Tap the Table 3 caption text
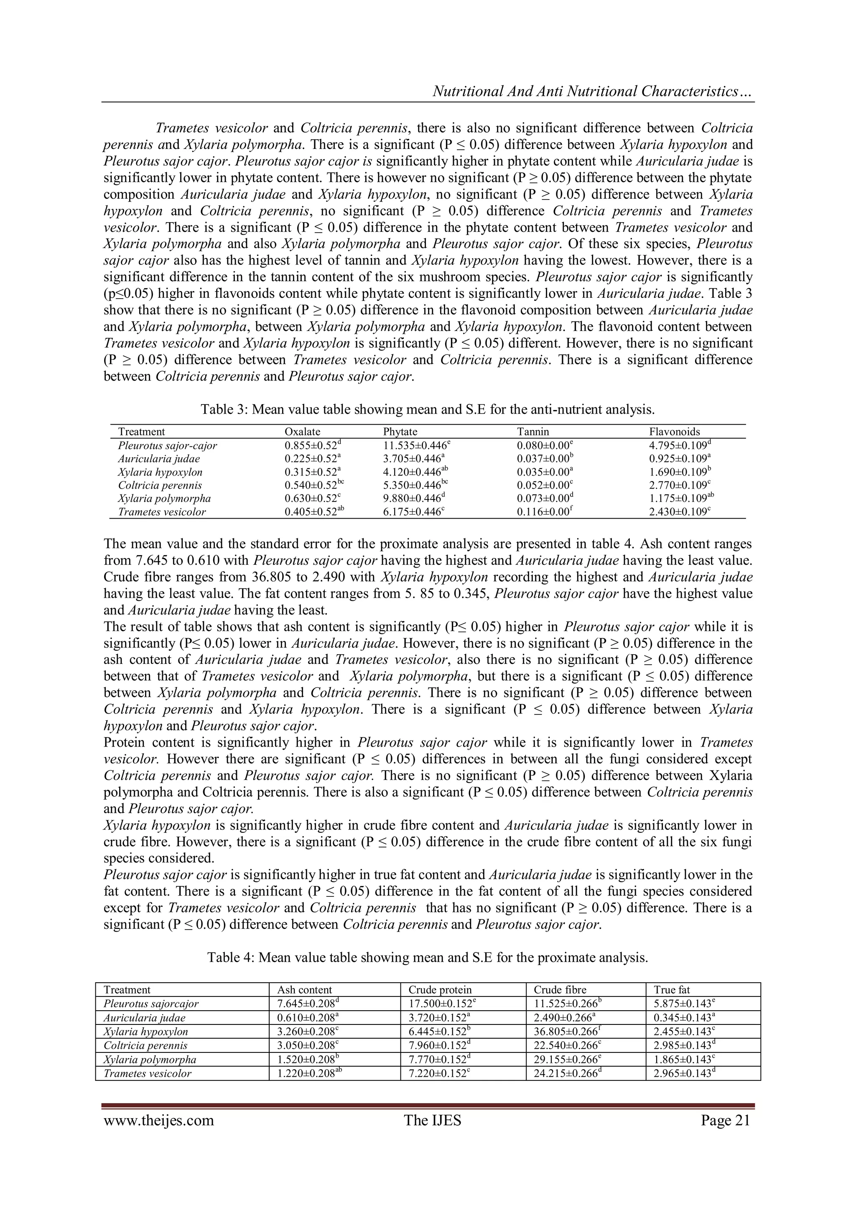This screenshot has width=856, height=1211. click(x=428, y=409)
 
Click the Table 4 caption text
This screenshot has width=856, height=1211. click(x=428, y=958)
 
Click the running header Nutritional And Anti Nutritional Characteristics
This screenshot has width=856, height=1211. click(x=591, y=92)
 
